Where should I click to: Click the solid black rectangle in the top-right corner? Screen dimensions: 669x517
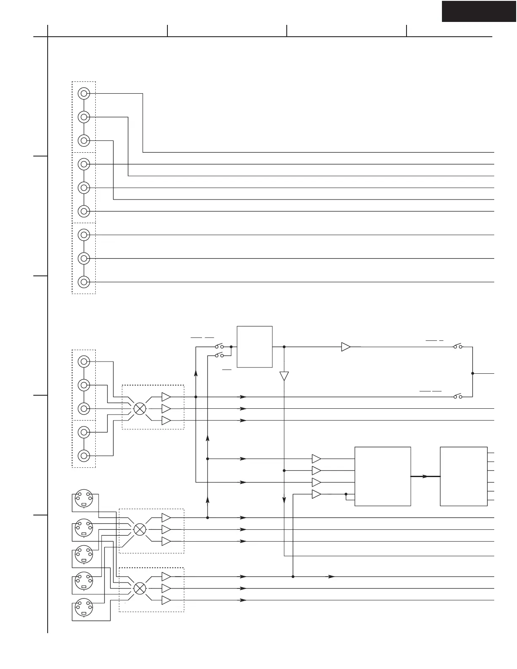click(479, 11)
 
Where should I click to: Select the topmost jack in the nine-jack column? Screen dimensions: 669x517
click(84, 93)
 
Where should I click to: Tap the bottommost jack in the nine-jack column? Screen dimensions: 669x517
click(84, 282)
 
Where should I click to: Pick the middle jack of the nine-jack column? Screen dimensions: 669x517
click(84, 187)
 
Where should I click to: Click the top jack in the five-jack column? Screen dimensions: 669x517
click(84, 361)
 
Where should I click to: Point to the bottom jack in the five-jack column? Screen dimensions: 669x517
click(84, 456)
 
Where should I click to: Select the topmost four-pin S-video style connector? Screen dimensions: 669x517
click(83, 500)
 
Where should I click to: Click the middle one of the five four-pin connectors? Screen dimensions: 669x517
click(83, 554)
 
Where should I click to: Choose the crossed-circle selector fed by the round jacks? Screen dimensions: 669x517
click(140, 408)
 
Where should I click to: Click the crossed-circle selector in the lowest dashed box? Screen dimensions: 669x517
click(140, 588)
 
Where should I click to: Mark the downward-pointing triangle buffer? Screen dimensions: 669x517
click(284, 376)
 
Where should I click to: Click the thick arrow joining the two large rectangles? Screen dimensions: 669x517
click(425, 476)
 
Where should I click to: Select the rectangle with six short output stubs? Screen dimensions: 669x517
click(463, 476)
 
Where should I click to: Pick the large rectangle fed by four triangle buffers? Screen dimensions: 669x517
click(382, 476)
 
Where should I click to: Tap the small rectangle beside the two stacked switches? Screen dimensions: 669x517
click(255, 347)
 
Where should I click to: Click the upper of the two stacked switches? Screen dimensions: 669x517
click(219, 347)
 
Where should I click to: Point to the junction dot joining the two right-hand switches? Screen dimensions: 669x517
click(472, 373)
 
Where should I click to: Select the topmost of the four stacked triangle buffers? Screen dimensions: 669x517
click(316, 459)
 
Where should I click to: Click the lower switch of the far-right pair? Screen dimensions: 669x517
click(458, 397)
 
